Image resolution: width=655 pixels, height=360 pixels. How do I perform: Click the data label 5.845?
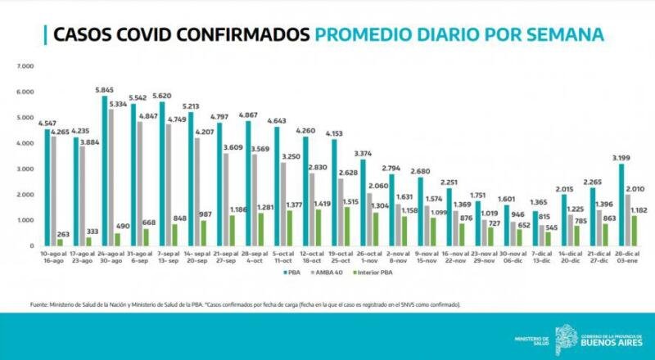104,89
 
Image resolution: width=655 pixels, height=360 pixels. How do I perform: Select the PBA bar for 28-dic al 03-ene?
622,205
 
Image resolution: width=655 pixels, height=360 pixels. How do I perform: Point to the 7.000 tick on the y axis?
25,65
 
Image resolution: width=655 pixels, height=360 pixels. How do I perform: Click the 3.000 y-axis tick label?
25,169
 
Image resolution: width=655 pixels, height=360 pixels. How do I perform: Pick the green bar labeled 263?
60,242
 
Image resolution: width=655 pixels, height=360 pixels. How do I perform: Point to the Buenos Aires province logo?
566,336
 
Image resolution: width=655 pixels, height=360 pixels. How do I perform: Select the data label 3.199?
622,157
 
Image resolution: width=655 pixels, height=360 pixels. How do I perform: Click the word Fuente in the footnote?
38,304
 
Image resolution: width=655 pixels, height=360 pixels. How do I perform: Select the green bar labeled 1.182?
635,230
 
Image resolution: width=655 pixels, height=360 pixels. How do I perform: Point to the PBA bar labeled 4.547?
47,187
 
